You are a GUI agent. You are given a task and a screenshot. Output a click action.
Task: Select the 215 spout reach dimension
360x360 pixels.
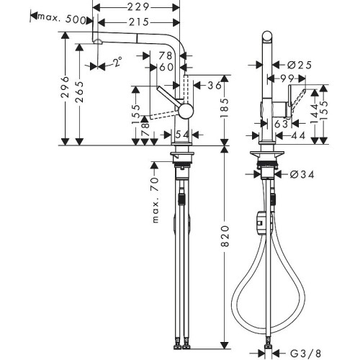pos(143,22)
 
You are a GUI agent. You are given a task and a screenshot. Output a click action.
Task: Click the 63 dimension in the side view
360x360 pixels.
pos(282,123)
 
